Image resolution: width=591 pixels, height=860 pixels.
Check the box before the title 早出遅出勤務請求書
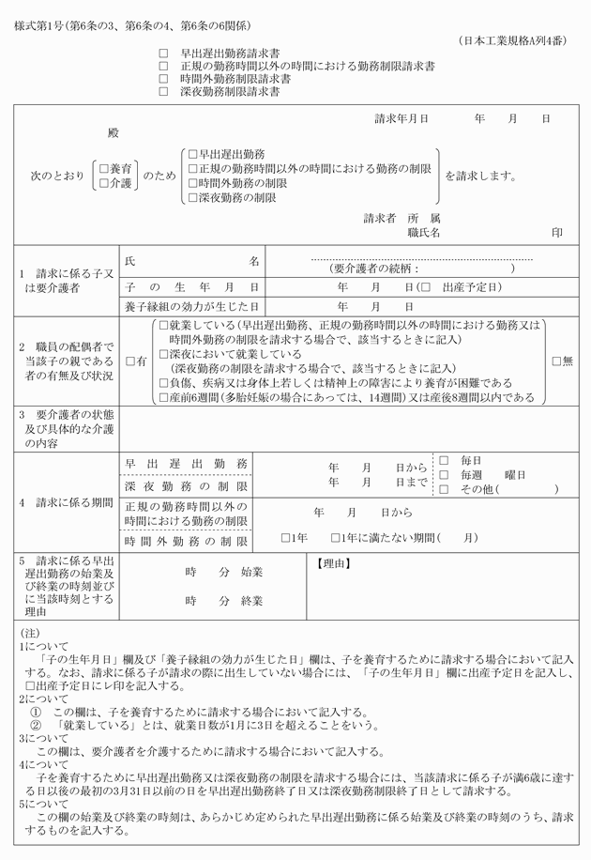click(163, 55)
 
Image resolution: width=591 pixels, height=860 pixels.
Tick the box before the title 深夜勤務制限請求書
click(163, 92)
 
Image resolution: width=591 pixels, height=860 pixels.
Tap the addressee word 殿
click(114, 133)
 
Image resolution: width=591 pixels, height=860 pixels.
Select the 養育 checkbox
click(104, 168)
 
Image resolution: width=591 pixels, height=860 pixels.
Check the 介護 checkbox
click(104, 183)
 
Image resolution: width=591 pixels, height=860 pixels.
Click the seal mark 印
click(558, 232)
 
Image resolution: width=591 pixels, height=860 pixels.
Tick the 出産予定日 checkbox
click(426, 285)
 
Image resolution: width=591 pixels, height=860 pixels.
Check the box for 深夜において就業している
click(163, 355)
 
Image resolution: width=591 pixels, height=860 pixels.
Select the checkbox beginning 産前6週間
click(163, 398)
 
